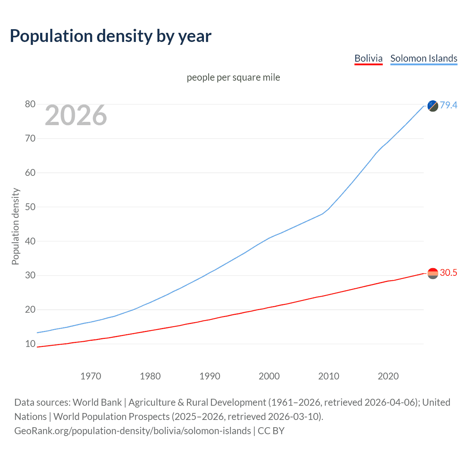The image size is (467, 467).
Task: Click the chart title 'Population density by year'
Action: click(111, 36)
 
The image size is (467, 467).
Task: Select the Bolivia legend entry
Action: click(368, 58)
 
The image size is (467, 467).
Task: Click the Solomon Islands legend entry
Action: click(424, 58)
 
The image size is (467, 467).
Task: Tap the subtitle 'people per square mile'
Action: click(233, 77)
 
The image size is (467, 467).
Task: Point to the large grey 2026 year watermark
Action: click(76, 115)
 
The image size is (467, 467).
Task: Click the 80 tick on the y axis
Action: click(30, 104)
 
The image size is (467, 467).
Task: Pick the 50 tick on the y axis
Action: click(30, 207)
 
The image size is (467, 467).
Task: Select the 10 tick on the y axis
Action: click(30, 344)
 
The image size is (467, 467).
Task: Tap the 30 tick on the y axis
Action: click(30, 275)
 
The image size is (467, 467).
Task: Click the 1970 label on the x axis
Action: click(91, 376)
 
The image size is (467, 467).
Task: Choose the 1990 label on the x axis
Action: click(210, 376)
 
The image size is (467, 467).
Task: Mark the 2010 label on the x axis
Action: click(329, 376)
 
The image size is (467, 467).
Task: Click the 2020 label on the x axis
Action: click(388, 376)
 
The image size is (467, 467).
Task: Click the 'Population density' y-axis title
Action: click(15, 226)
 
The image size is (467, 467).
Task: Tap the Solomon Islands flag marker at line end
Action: click(433, 106)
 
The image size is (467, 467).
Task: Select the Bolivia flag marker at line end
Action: click(433, 273)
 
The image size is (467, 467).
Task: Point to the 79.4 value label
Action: click(448, 105)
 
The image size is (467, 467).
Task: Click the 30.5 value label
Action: click(448, 273)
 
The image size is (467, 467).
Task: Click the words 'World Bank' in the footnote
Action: click(97, 402)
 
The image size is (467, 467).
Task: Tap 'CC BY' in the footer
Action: click(271, 431)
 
